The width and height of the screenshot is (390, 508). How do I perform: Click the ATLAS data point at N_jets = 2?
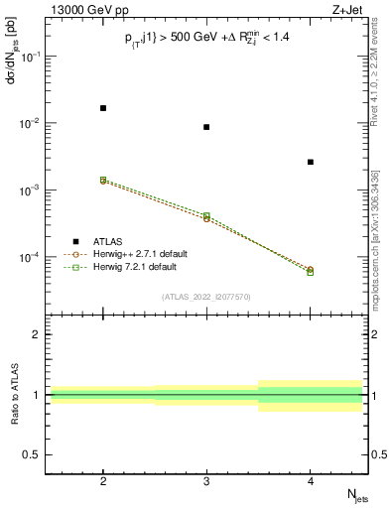(x=103, y=107)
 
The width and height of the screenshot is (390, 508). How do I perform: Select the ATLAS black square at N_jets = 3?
(x=206, y=127)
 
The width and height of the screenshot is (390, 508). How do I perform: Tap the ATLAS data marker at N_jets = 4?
(x=311, y=162)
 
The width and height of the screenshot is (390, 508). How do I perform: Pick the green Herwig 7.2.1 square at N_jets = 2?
(x=103, y=180)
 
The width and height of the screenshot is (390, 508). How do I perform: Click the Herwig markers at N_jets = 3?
(x=206, y=216)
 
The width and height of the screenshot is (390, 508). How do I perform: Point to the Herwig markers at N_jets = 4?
(x=311, y=270)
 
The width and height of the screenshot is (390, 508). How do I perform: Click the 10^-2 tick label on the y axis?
(x=30, y=123)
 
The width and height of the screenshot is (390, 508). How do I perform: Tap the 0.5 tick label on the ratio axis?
(x=32, y=454)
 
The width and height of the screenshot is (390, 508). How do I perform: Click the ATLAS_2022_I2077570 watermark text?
(x=206, y=296)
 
